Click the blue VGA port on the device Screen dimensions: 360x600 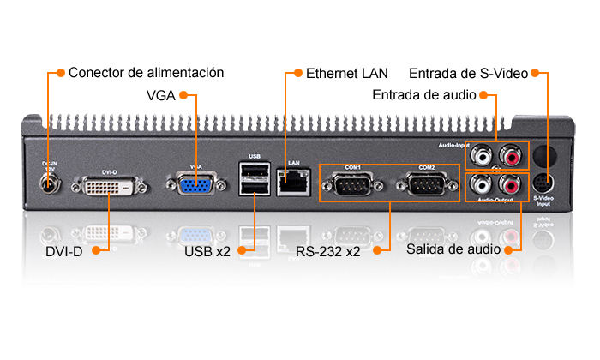click(x=195, y=186)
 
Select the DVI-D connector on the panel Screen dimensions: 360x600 click(x=109, y=187)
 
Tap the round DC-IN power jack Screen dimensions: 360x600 click(x=48, y=183)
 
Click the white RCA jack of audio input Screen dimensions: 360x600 click(x=483, y=156)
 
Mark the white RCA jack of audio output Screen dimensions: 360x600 click(x=483, y=184)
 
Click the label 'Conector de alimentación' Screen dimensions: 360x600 click(x=146, y=73)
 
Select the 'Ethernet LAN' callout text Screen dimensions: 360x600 click(x=346, y=73)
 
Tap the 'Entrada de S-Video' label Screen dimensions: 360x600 click(x=467, y=73)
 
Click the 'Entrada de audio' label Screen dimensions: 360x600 click(x=423, y=94)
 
